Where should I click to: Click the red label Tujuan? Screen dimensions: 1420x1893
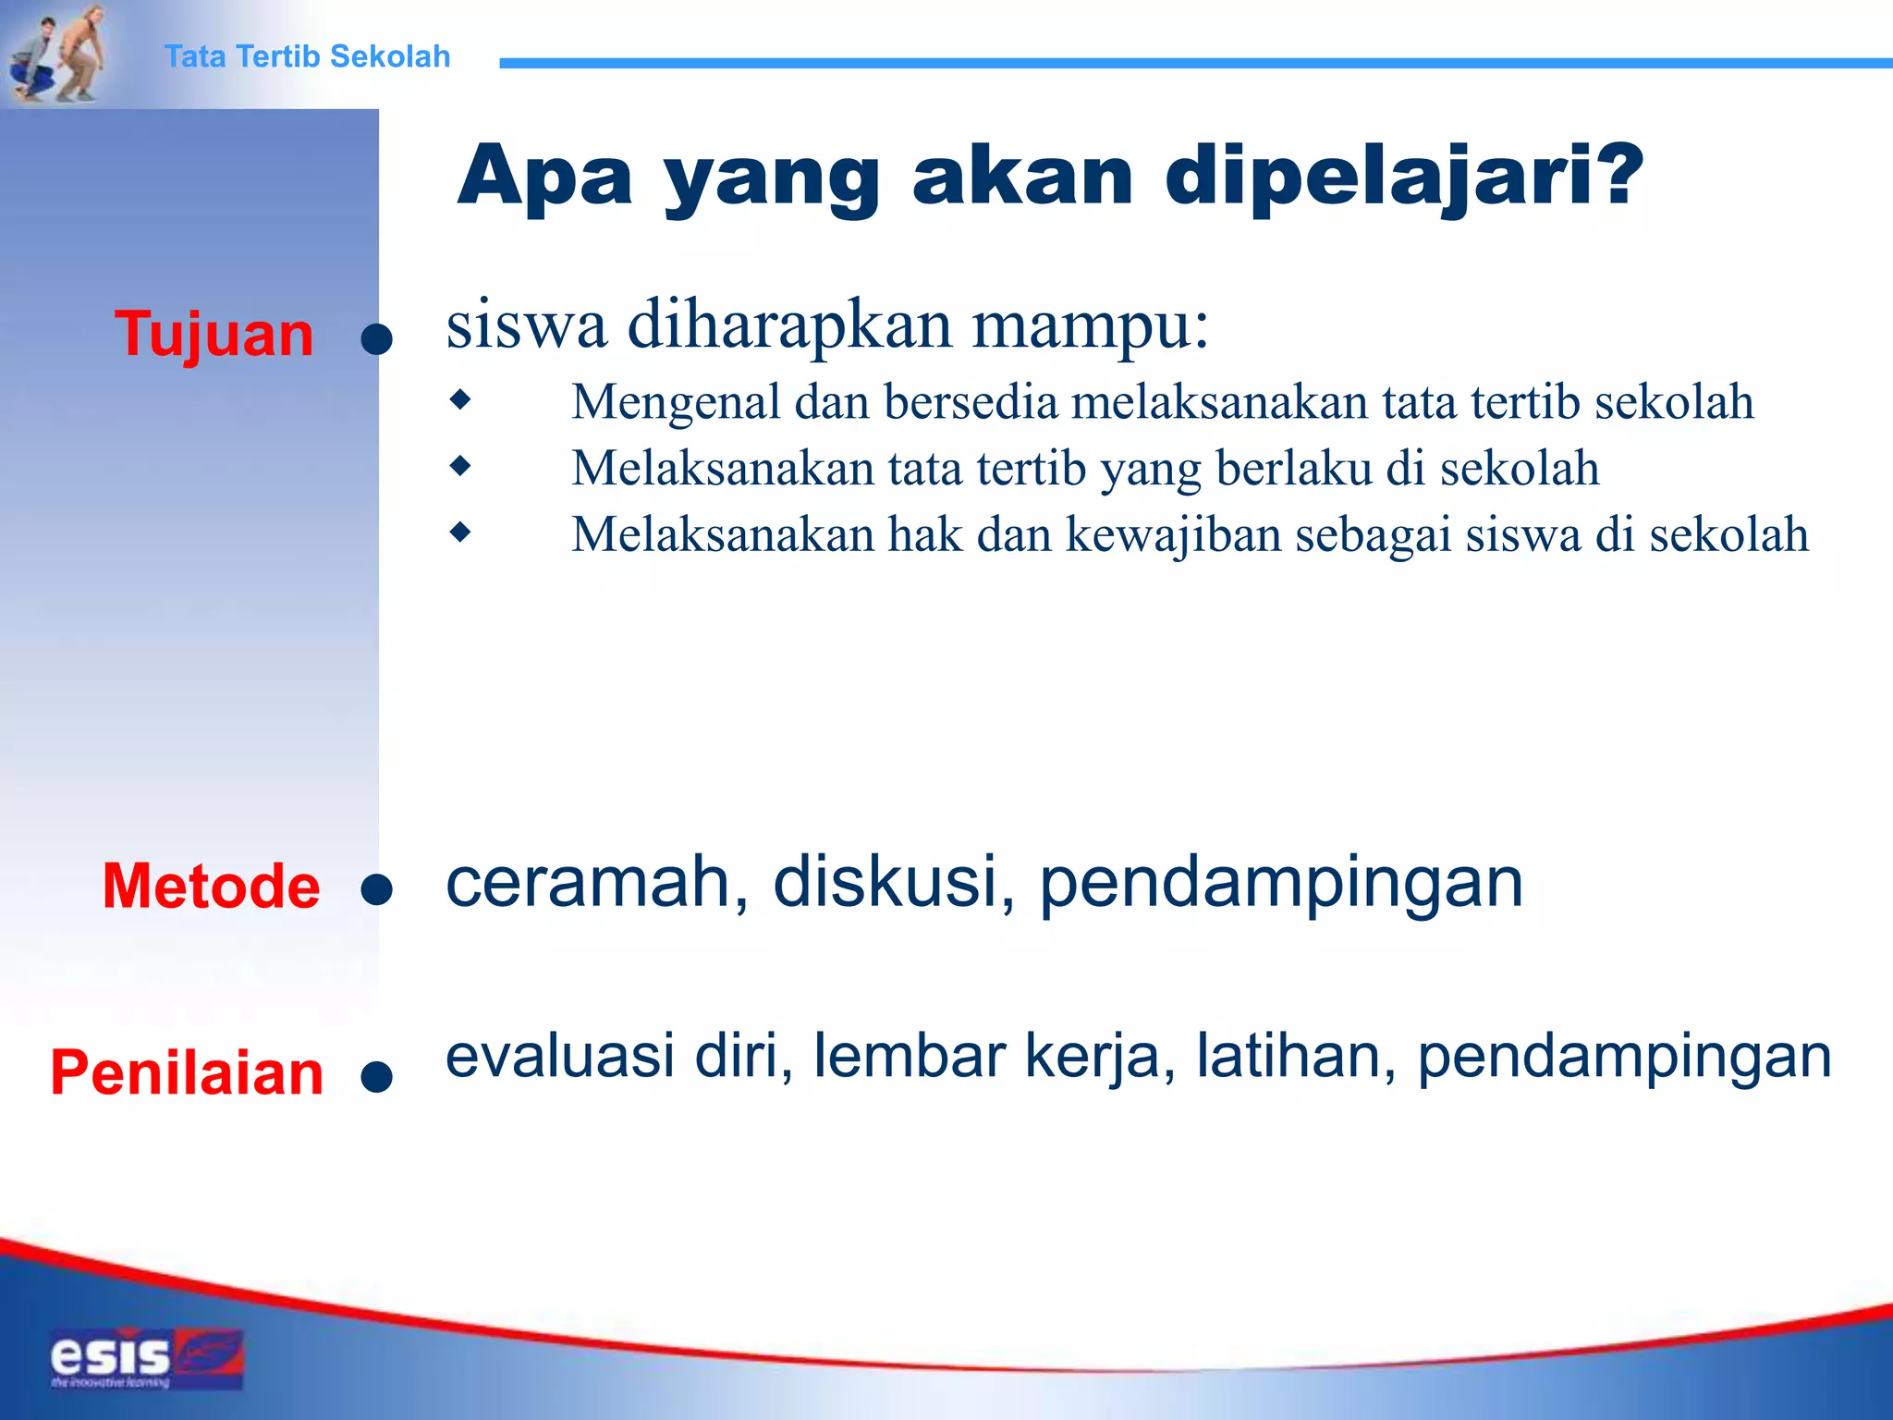[x=214, y=334]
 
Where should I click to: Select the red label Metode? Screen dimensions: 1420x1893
[x=211, y=886]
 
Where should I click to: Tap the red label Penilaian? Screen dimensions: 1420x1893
[x=187, y=1072]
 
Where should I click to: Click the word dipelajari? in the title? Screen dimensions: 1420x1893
[x=1404, y=176]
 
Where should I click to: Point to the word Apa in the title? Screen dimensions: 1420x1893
[x=544, y=176]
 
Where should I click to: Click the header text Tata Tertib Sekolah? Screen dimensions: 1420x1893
[x=307, y=56]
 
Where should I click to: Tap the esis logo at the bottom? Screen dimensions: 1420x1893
[x=146, y=1358]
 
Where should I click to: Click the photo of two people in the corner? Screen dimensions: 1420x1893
[x=55, y=53]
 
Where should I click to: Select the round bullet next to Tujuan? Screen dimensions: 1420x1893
[x=376, y=339]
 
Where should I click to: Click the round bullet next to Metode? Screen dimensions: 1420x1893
[x=376, y=890]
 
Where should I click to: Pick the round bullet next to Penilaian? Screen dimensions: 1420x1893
[x=376, y=1076]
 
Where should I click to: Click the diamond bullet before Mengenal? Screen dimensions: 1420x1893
[x=459, y=400]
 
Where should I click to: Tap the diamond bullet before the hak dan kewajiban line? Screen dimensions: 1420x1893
[x=459, y=532]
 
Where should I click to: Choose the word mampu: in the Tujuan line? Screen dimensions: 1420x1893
[x=1090, y=325]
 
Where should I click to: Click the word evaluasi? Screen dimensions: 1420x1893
[x=559, y=1056]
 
